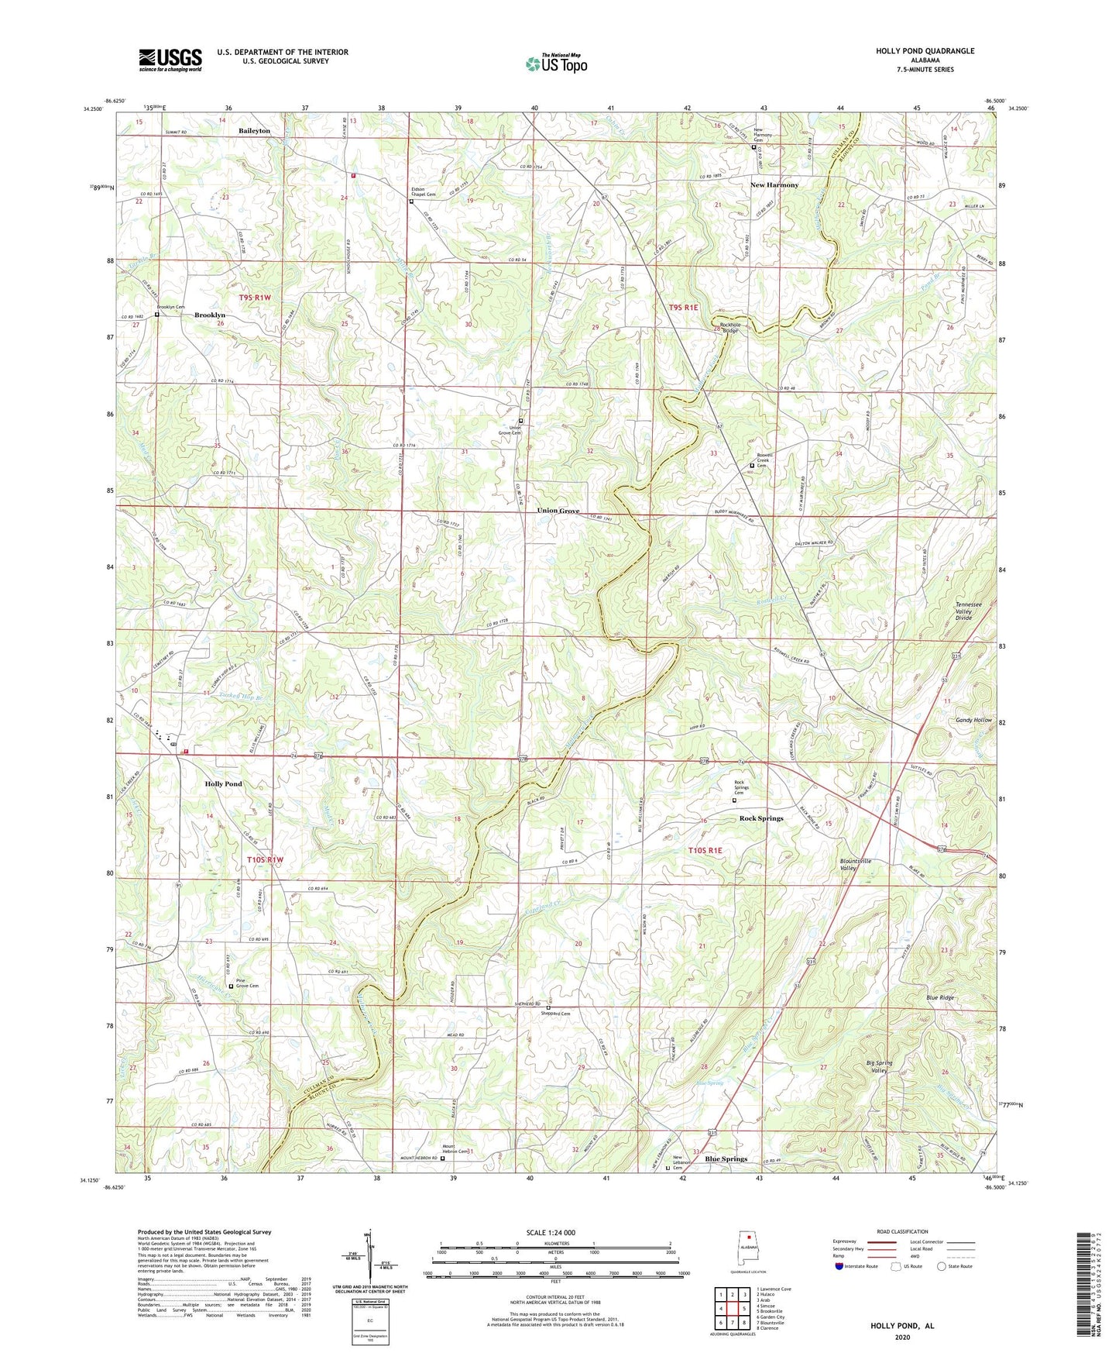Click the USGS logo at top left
pos(170,60)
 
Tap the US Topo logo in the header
pos(557,64)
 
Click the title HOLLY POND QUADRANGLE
pos(925,51)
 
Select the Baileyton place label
pos(254,131)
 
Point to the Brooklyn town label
pos(210,315)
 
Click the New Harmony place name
pos(774,185)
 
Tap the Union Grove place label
pos(558,511)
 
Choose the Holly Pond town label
pos(223,784)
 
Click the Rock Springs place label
pos(760,818)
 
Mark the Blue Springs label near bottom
pos(726,1159)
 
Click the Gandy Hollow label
pos(973,720)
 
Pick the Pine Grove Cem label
pos(247,983)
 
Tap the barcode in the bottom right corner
pos(1086,1287)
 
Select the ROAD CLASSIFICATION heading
pos(902,1231)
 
